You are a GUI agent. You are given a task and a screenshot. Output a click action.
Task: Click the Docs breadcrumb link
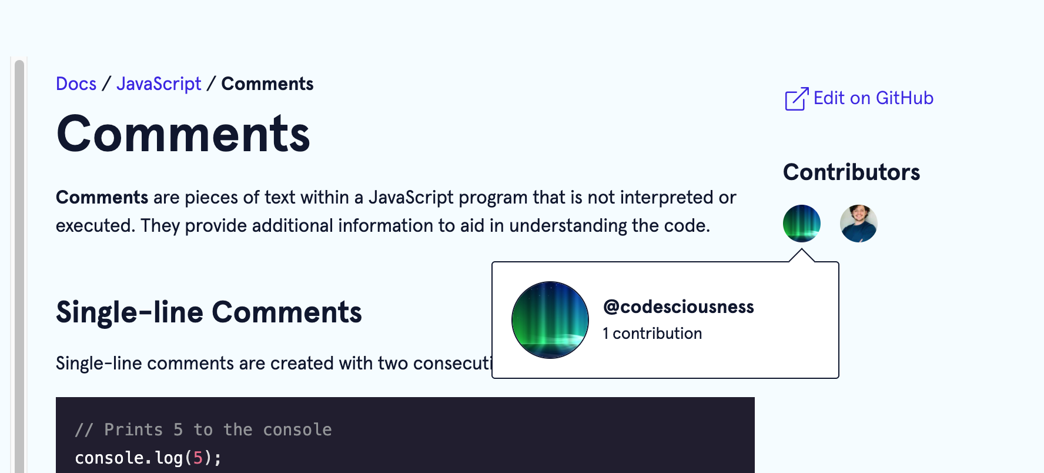point(76,84)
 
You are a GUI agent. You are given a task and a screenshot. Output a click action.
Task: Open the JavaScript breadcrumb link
point(159,84)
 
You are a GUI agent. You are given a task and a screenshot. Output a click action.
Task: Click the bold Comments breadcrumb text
point(267,84)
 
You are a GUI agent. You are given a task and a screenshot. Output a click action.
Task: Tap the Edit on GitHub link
point(873,98)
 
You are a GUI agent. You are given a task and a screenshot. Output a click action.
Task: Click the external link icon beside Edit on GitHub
point(797,99)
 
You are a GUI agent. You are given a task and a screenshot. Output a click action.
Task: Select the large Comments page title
point(183,134)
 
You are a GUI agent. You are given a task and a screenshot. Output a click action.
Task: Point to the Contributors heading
point(851,172)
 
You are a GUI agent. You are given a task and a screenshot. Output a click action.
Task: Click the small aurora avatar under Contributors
point(801,224)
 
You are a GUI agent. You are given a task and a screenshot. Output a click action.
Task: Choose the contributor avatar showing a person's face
point(858,224)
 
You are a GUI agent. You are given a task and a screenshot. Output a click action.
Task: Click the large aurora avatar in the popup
point(550,320)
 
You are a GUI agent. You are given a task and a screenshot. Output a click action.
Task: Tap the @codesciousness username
point(678,307)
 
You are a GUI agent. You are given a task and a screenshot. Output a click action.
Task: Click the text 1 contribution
point(652,334)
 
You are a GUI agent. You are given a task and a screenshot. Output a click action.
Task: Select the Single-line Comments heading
point(209,312)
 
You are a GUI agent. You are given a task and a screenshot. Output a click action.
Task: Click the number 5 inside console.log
point(198,458)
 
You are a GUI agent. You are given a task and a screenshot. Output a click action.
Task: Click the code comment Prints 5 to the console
point(203,430)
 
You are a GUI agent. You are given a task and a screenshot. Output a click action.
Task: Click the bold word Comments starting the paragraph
point(102,198)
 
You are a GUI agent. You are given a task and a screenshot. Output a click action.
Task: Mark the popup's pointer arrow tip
point(801,250)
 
